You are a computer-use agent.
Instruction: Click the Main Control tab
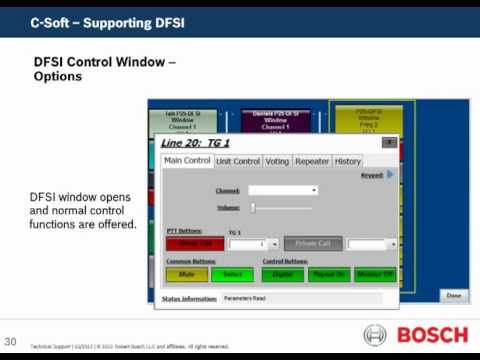187,161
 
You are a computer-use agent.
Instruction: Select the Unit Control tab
238,161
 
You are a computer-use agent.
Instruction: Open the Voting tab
277,161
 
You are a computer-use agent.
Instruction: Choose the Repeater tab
312,161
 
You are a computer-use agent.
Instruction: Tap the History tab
347,161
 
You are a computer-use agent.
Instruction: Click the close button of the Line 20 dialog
388,143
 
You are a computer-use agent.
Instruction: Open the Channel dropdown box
283,190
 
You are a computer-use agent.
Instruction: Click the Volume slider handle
253,207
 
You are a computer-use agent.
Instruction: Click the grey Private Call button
313,243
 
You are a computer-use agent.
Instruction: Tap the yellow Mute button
186,273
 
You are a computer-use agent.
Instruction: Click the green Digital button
285,273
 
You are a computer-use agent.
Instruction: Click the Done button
453,295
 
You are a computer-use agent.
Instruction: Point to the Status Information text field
300,297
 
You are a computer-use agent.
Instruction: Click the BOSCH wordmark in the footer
433,335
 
